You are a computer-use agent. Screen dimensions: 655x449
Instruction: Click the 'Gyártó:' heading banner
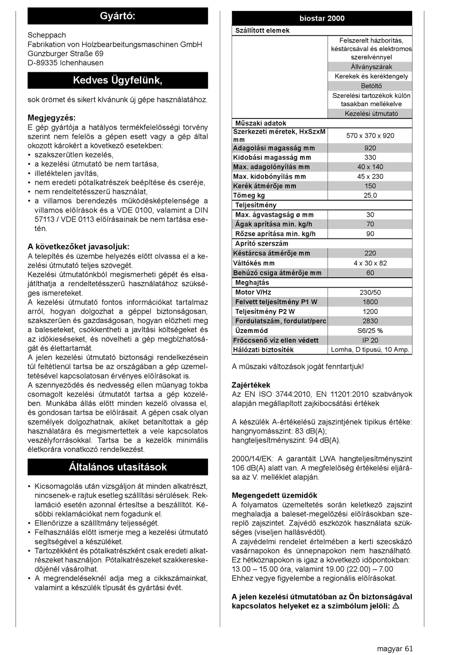[x=118, y=16]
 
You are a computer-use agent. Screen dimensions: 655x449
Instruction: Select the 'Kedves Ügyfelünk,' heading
[x=118, y=80]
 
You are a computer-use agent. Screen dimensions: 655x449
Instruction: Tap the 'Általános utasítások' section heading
[x=118, y=467]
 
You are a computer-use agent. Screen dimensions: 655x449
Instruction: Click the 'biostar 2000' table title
[x=322, y=18]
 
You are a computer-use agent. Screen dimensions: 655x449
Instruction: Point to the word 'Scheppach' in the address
[x=47, y=35]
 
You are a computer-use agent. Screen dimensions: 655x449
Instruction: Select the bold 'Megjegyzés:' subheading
[x=52, y=118]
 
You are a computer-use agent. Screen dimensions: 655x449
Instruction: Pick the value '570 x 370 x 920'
[x=370, y=136]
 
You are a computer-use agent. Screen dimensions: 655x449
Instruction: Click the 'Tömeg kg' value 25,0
[x=370, y=196]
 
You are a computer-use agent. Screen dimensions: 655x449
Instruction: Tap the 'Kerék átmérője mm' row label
[x=265, y=186]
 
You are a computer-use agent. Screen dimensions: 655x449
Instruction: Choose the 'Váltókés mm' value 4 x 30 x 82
[x=370, y=263]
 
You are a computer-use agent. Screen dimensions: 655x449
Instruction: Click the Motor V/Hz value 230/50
[x=370, y=292]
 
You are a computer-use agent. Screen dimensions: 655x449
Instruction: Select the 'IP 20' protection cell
[x=370, y=340]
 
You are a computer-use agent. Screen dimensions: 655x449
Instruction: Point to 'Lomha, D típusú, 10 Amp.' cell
[x=370, y=350]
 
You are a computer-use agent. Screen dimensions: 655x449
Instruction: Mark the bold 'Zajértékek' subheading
[x=251, y=385]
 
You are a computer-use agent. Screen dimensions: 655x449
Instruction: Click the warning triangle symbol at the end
[x=396, y=606]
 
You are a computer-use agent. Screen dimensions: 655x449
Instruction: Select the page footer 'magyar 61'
[x=395, y=648]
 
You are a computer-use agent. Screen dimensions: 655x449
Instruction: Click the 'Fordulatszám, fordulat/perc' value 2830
[x=370, y=321]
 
